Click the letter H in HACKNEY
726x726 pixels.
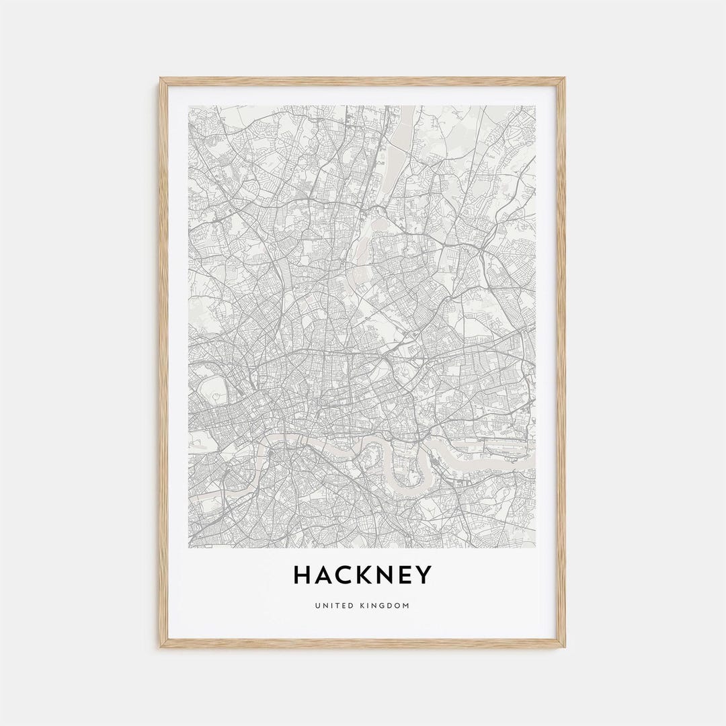point(303,575)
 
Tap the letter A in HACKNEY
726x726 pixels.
point(325,575)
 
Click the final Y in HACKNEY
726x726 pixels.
point(426,575)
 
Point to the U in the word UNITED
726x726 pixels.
point(317,606)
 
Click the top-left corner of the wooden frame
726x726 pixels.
point(161,79)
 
